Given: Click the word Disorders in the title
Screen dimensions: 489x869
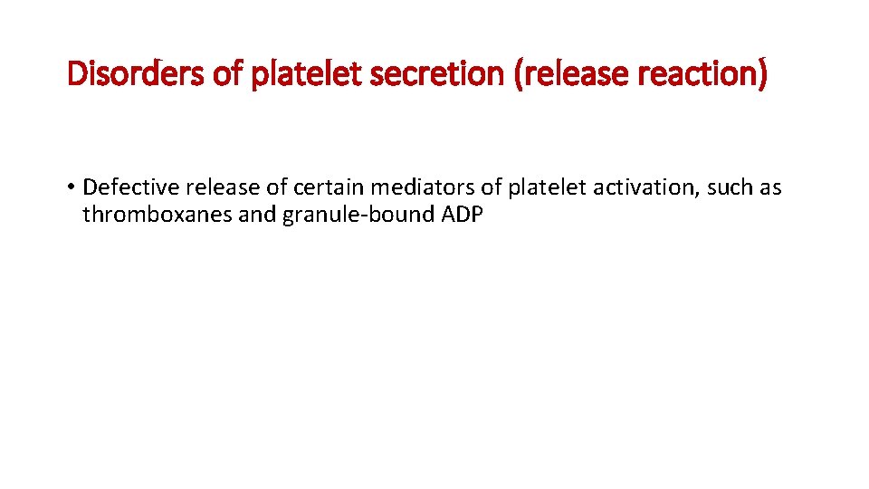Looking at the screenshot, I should [136, 73].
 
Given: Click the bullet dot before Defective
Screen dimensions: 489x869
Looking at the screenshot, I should [70, 188].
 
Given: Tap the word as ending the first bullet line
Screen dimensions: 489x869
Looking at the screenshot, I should [770, 187].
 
